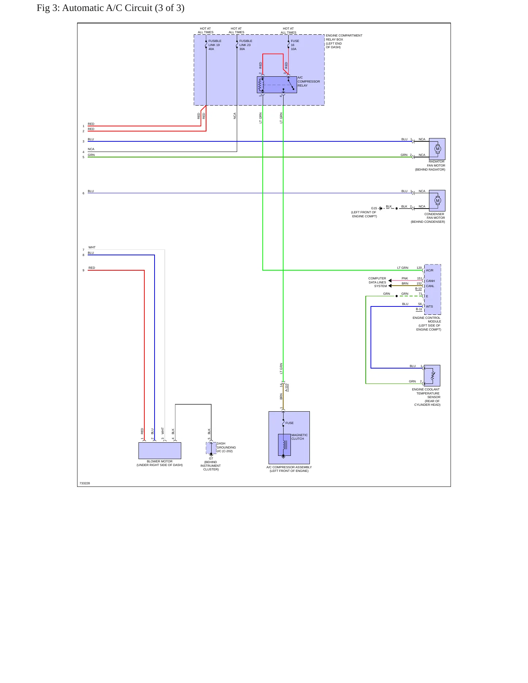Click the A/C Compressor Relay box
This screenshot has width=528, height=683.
coord(277,85)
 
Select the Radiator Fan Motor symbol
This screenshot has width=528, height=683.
coord(437,149)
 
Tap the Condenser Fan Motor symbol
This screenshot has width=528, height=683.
coord(437,201)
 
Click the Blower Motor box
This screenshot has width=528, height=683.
coord(160,451)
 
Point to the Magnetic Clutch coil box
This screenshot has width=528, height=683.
coord(284,445)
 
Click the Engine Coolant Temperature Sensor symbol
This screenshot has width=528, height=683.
coord(432,375)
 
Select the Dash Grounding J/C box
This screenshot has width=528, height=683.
coord(211,448)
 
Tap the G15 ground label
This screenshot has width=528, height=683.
coord(374,208)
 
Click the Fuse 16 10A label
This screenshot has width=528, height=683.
coord(295,45)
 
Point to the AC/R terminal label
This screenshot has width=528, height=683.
coord(429,270)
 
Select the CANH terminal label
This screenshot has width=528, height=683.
coord(430,281)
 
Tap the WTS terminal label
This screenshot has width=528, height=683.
coord(429,306)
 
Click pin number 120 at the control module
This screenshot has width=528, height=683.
coord(419,268)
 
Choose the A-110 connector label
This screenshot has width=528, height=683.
coord(286,388)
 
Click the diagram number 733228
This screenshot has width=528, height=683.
coord(85,483)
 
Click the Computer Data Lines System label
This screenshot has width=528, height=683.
coord(377,282)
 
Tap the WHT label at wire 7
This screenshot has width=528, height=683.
coord(92,247)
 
